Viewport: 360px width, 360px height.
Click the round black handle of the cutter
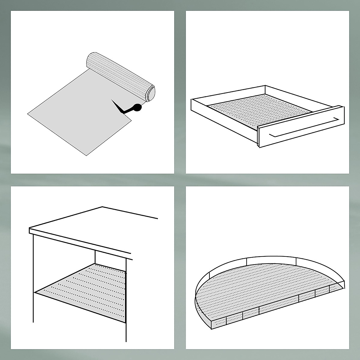tap(137, 107)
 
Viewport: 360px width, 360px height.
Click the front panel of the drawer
tap(300, 129)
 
